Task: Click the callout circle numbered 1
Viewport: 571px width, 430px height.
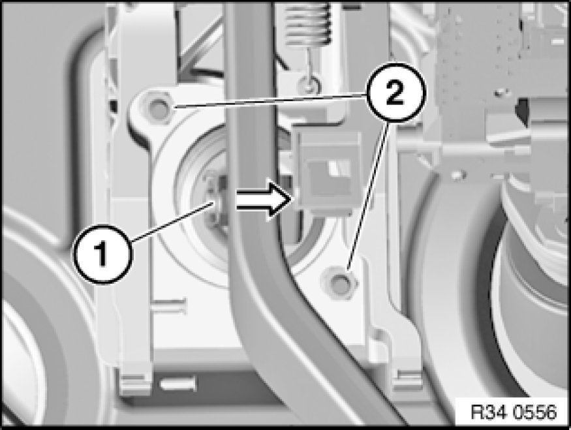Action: point(103,253)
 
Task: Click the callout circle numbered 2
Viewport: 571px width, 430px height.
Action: point(395,93)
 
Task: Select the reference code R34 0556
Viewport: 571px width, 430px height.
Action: point(514,412)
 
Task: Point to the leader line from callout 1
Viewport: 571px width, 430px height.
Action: point(174,222)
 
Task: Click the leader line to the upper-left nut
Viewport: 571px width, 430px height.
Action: point(270,101)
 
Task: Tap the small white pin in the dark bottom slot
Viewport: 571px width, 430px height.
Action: point(177,384)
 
